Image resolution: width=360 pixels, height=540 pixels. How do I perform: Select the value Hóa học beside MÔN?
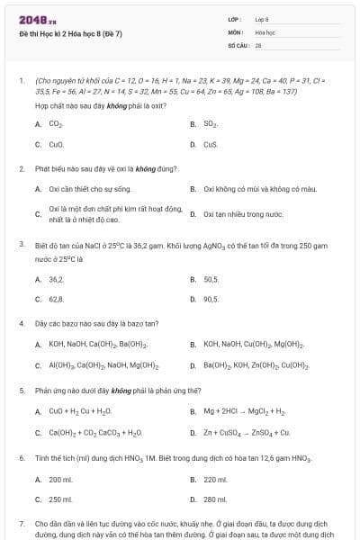pos(265,31)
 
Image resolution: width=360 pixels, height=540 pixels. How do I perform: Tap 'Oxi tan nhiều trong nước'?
pos(244,214)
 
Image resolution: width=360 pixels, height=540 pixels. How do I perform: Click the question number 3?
pos(22,244)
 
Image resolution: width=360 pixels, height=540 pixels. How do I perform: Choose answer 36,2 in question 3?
pos(56,280)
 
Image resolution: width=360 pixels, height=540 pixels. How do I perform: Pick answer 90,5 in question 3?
pos(211,299)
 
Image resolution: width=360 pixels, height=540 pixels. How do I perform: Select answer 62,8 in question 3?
pos(56,299)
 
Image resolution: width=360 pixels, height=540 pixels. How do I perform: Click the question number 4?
pos(22,322)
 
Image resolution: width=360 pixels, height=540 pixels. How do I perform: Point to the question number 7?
pos(22,523)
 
